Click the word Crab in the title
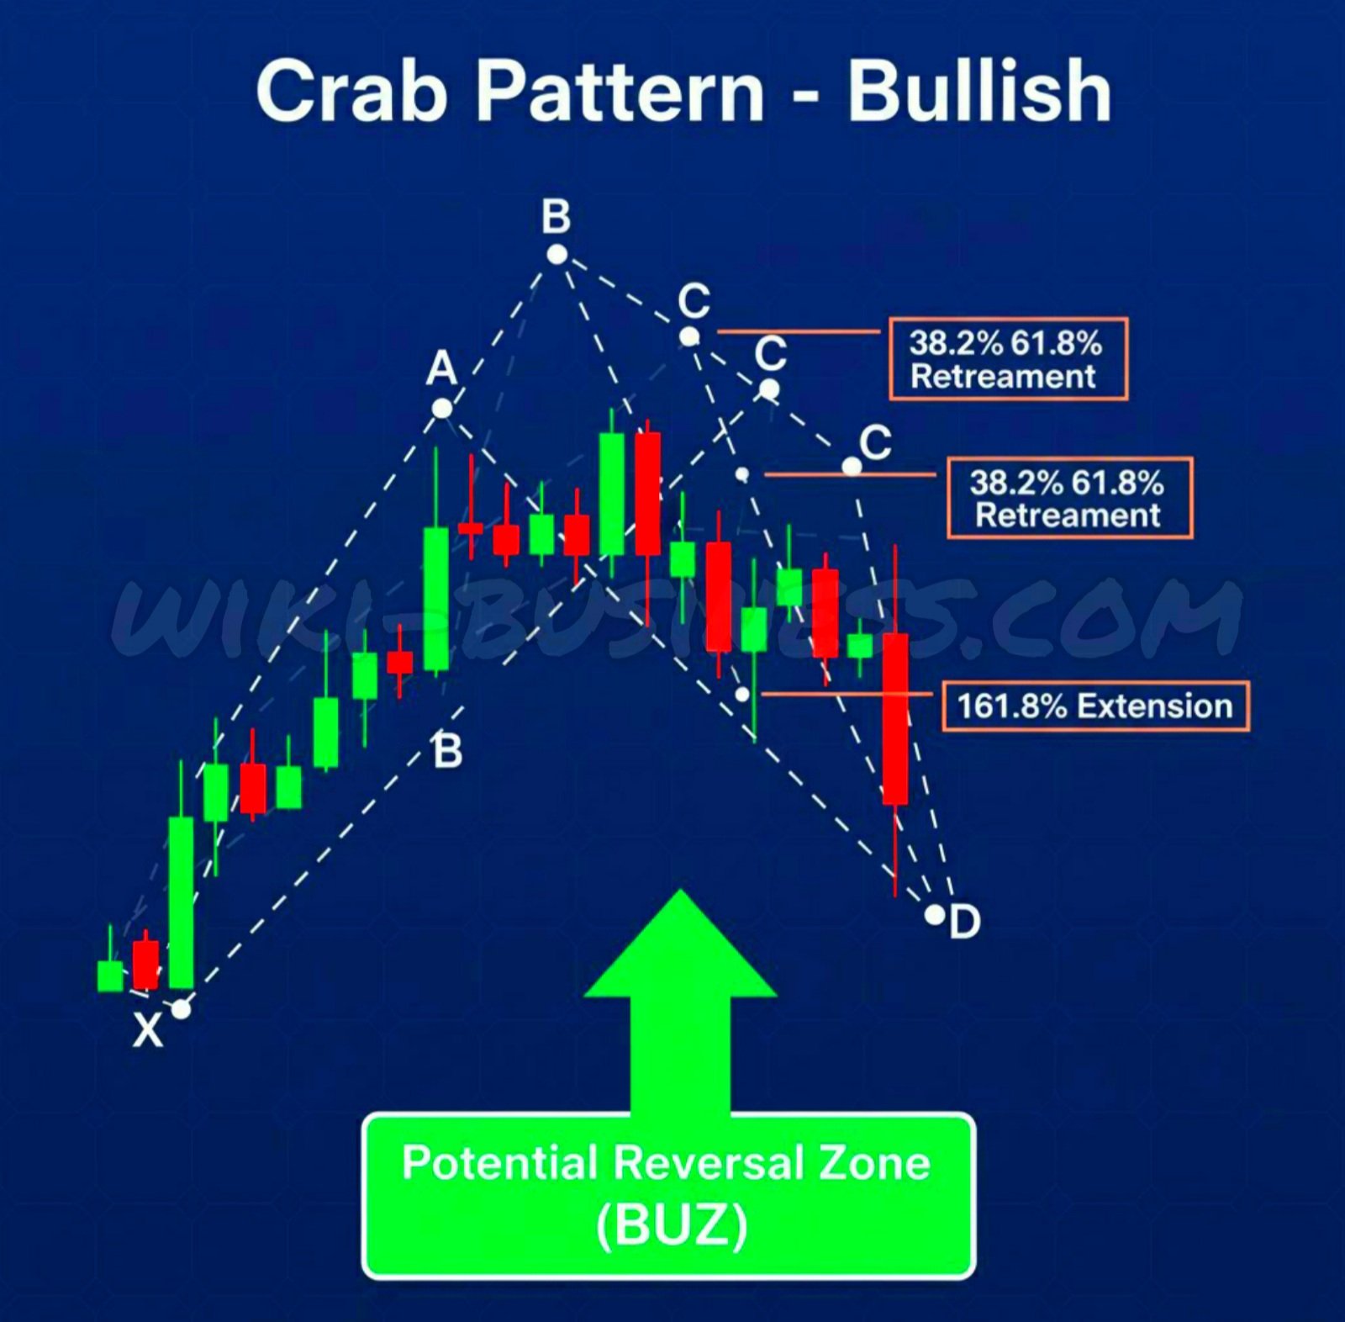[351, 91]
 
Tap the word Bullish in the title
[979, 91]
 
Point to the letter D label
[965, 922]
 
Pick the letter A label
[441, 368]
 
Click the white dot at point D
[934, 914]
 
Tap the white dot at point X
[181, 1008]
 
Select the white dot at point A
[442, 409]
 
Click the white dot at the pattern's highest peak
[556, 254]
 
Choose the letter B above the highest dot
[556, 216]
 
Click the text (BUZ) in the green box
[671, 1226]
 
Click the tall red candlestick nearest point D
[895, 720]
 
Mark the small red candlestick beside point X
[145, 962]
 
